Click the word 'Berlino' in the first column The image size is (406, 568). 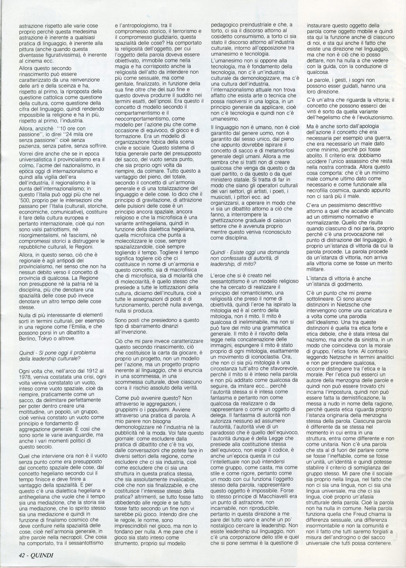coord(29,338)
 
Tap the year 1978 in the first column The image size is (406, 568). coord(26,376)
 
